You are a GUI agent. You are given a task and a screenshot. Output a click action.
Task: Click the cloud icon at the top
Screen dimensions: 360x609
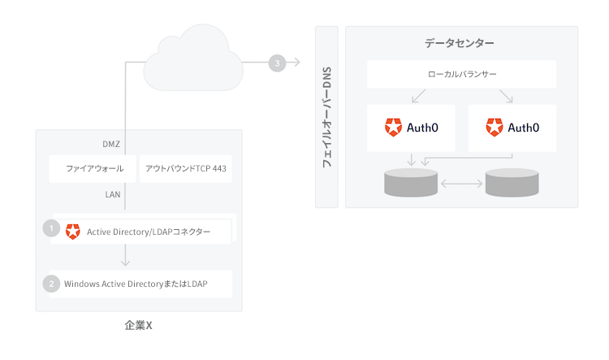click(x=192, y=59)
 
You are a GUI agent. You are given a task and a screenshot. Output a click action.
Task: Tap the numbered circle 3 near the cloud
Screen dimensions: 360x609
click(x=277, y=63)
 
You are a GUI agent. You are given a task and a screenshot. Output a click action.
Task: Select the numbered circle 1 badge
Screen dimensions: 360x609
click(x=50, y=228)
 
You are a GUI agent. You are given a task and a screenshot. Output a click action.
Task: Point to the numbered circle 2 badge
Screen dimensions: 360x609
click(x=50, y=284)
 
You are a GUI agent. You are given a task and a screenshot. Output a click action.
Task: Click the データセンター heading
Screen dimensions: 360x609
click(x=459, y=43)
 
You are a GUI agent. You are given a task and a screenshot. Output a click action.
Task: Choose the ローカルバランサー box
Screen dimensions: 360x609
click(x=461, y=75)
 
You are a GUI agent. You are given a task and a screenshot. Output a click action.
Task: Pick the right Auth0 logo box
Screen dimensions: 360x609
click(x=512, y=128)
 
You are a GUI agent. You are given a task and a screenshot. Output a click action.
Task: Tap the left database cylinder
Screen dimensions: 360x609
click(x=411, y=184)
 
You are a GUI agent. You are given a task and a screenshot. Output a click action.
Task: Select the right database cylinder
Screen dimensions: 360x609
click(x=512, y=184)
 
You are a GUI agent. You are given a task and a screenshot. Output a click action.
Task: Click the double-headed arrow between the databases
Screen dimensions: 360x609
click(x=461, y=184)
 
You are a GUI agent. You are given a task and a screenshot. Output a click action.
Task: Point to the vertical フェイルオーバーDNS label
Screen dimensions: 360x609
click(x=327, y=117)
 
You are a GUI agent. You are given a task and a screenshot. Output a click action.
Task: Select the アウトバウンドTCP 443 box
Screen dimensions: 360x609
click(x=186, y=169)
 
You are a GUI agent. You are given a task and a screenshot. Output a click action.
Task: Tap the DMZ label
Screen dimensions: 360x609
click(x=111, y=145)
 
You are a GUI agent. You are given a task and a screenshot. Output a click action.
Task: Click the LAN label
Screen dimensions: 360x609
click(x=113, y=195)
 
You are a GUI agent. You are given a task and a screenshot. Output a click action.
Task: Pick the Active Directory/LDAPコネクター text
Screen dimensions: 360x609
click(x=149, y=232)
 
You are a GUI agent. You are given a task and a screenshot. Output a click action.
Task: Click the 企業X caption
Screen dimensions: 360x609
click(x=139, y=325)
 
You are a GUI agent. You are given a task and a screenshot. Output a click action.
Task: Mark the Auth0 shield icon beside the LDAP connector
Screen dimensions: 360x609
click(x=73, y=232)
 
